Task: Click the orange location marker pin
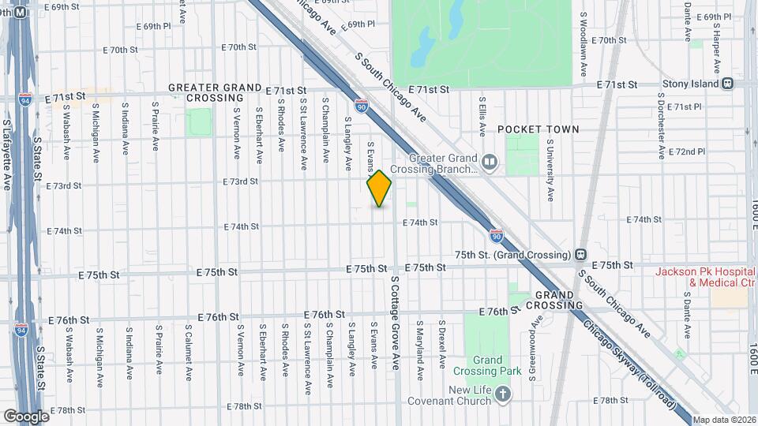point(379,188)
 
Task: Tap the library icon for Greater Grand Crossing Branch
point(490,163)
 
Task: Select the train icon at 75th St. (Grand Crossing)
point(580,255)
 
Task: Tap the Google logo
point(26,416)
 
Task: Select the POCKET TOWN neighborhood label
point(538,129)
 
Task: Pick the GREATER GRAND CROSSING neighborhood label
point(215,92)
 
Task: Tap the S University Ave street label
point(550,170)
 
